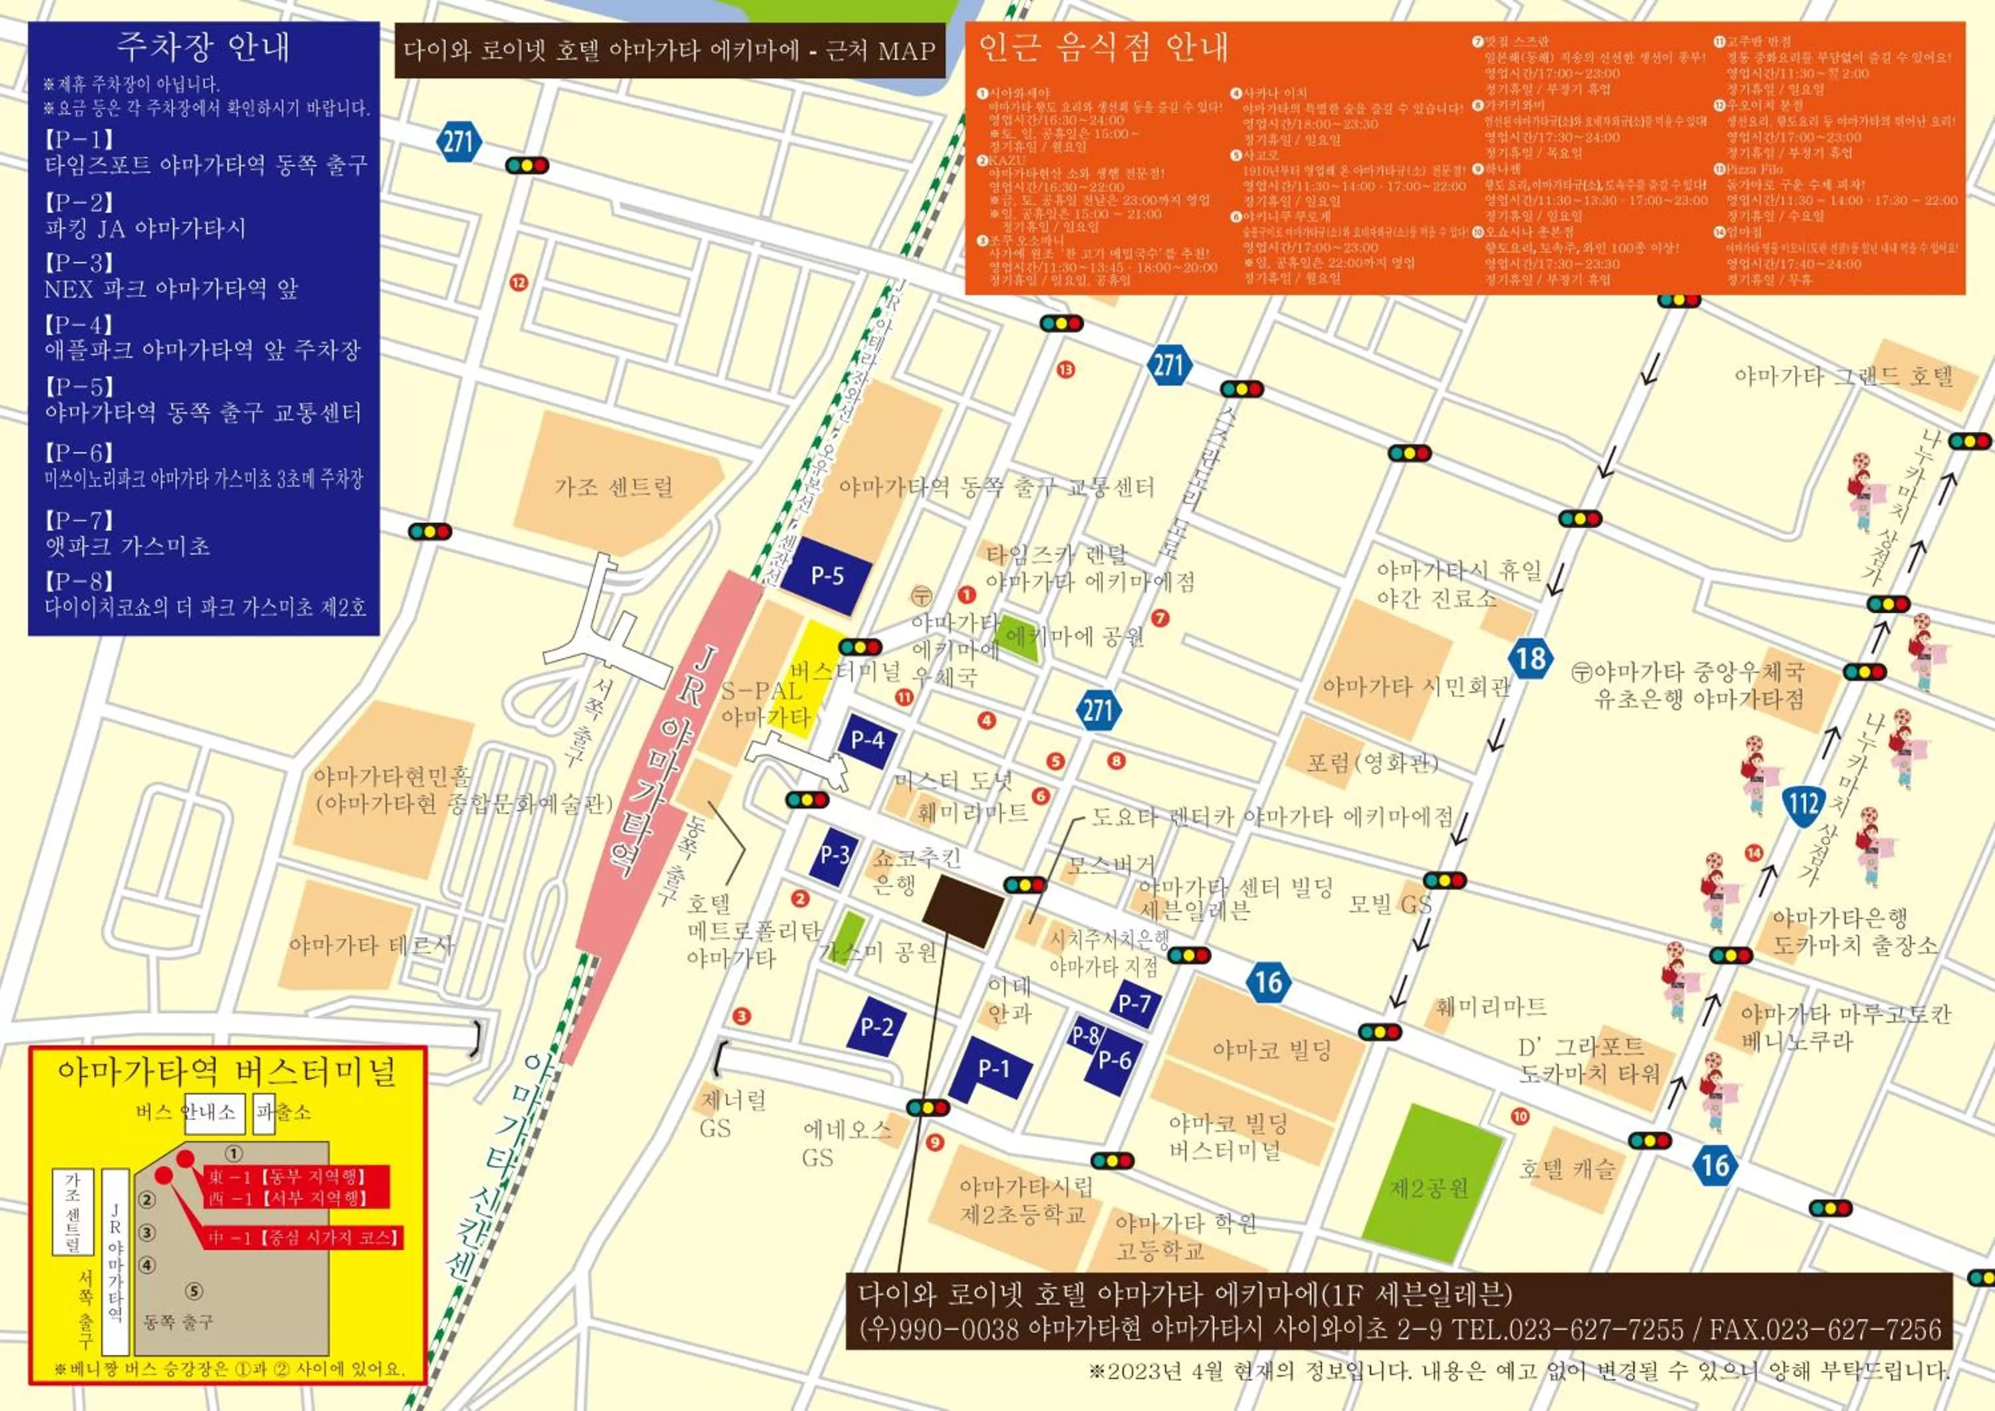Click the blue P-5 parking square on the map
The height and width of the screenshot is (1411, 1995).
(827, 575)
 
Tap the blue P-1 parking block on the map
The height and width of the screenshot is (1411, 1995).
(992, 1069)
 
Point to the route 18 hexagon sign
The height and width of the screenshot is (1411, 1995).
(1530, 658)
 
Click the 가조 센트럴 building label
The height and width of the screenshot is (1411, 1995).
(613, 487)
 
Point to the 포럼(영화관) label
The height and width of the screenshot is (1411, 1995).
(1372, 763)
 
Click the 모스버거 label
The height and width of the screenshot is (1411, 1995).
(1111, 864)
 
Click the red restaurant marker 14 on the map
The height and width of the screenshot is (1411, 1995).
(1754, 852)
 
